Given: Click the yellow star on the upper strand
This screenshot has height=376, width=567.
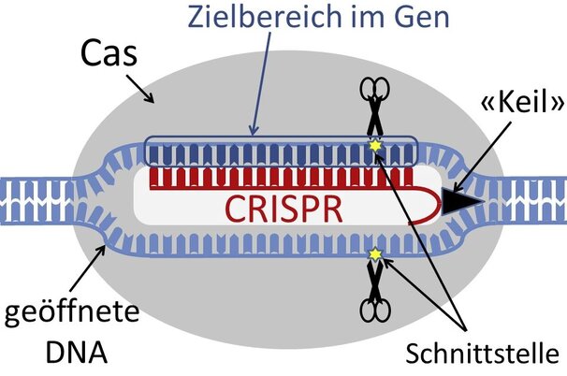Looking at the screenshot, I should [375, 145].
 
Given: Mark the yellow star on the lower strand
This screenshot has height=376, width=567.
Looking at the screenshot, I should [375, 254].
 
